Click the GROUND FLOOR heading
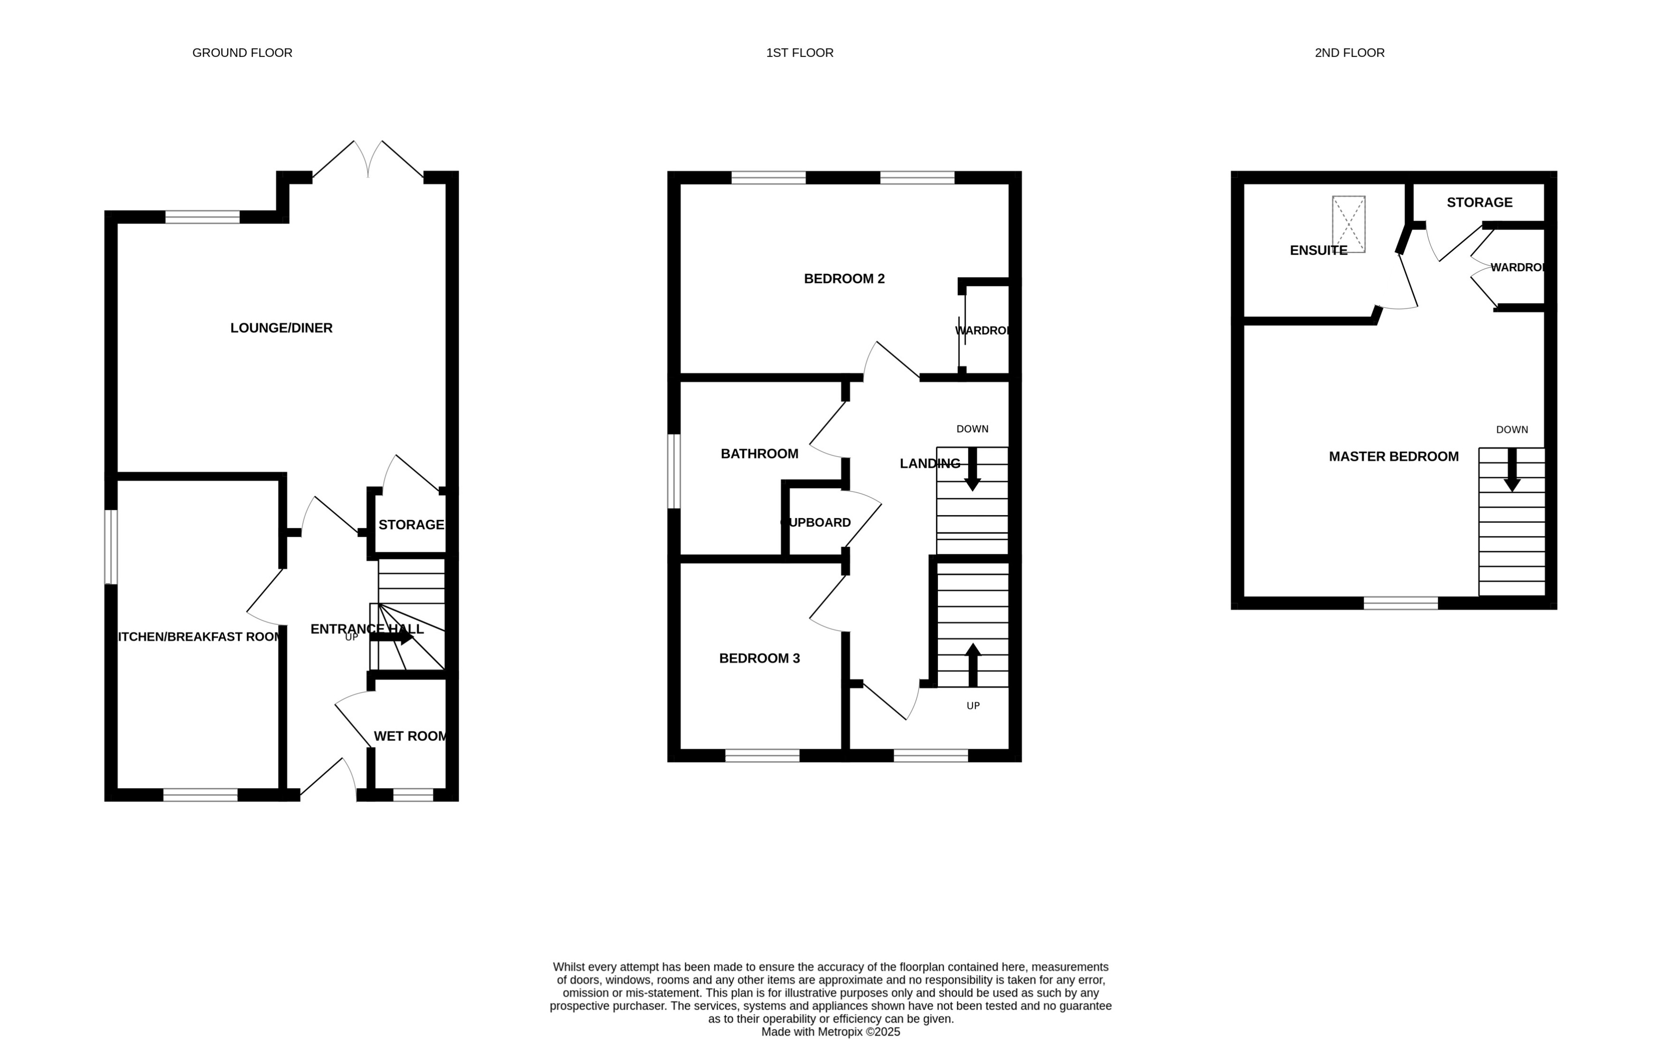(x=242, y=53)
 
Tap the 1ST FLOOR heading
(x=799, y=53)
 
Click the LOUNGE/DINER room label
(x=281, y=328)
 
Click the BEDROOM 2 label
(x=844, y=278)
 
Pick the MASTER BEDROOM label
(x=1393, y=456)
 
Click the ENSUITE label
(x=1318, y=250)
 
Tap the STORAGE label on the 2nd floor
(x=1479, y=202)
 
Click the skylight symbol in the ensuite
(x=1348, y=224)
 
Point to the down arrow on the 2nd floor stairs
(x=1511, y=471)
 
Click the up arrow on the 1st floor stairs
(x=972, y=664)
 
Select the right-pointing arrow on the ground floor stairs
(x=392, y=637)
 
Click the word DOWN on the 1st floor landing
(x=972, y=429)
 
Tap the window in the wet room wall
(x=413, y=794)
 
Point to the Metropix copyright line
(x=830, y=1031)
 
